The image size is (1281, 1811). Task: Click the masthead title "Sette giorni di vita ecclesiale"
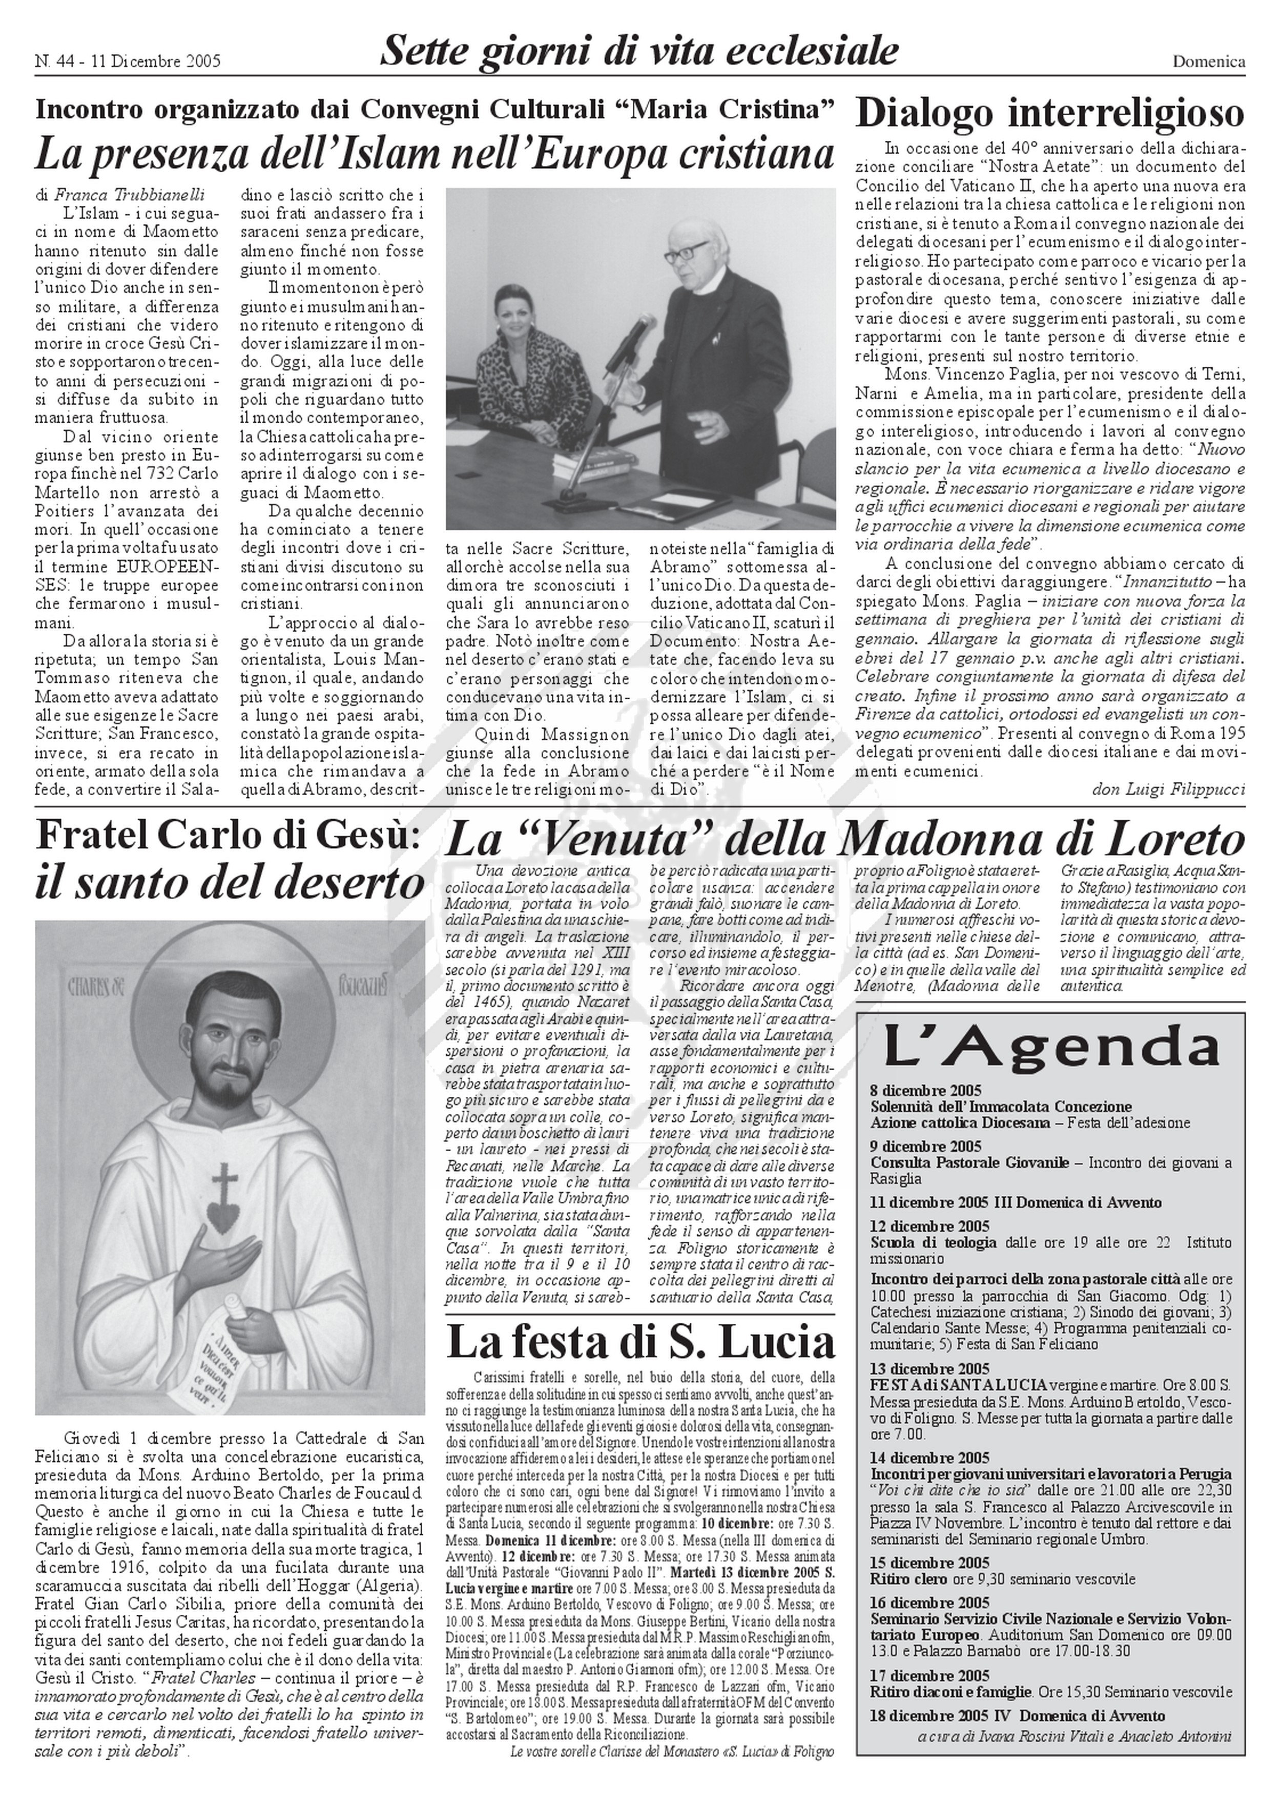(x=639, y=52)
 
